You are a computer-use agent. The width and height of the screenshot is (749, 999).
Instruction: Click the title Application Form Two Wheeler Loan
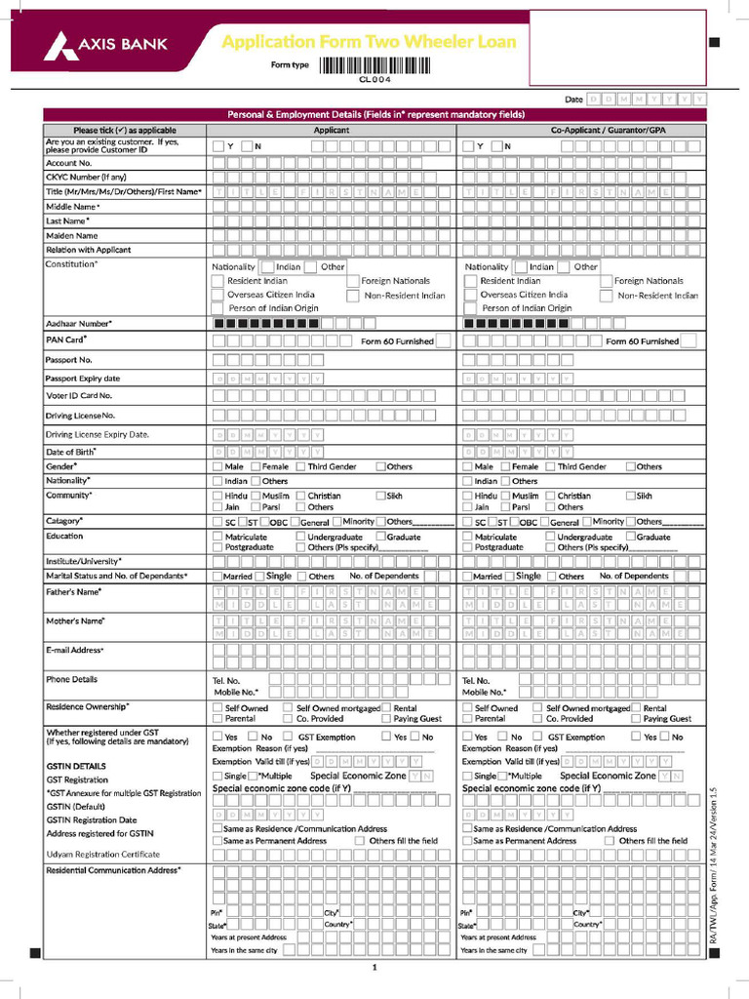(369, 42)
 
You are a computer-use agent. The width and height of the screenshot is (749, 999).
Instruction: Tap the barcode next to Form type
(374, 65)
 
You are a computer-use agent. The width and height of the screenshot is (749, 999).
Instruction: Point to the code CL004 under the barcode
(374, 79)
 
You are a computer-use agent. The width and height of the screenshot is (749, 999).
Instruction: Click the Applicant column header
(332, 130)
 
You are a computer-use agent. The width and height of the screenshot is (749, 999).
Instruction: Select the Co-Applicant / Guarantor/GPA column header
(581, 130)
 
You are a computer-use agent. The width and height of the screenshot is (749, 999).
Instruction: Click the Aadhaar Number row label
(78, 323)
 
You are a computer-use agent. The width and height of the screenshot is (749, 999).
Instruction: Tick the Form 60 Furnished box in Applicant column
(443, 341)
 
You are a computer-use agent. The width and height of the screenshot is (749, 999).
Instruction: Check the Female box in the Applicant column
(256, 467)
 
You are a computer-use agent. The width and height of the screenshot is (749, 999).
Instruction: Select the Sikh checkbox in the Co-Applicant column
(630, 496)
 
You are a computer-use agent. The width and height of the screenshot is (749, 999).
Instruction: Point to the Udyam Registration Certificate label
(102, 854)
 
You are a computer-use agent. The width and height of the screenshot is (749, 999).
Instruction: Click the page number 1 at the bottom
(374, 968)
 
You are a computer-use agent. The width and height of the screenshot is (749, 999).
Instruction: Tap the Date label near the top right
(573, 100)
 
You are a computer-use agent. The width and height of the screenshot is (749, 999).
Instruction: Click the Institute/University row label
(83, 561)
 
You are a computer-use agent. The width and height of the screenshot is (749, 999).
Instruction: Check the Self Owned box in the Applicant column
(217, 708)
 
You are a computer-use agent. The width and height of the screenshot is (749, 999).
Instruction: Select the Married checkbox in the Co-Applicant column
(467, 577)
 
